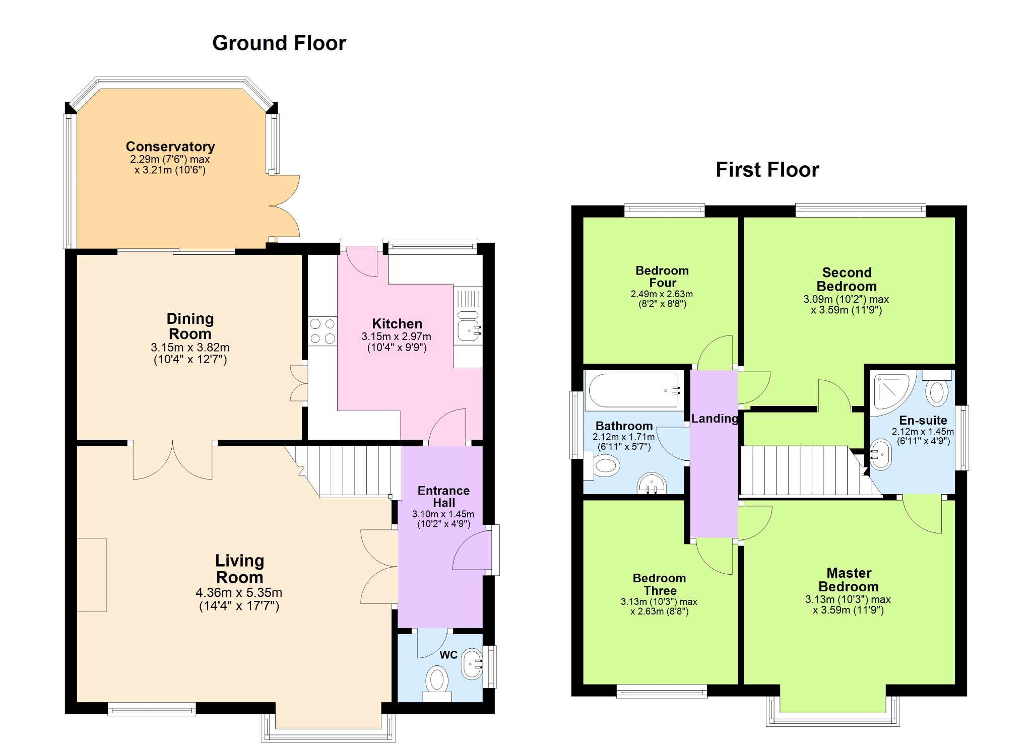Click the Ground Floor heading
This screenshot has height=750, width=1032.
tap(279, 43)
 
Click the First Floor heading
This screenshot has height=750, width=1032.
tap(767, 170)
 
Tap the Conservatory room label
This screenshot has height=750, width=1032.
tap(170, 147)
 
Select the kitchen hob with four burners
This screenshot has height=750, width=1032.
tap(322, 331)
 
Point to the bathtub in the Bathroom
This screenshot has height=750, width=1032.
tap(634, 391)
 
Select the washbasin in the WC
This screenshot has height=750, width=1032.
tap(472, 663)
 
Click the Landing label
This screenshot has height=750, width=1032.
tap(715, 419)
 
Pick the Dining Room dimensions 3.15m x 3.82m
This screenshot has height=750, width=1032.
tap(190, 348)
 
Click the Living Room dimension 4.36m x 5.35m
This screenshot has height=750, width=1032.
tap(239, 593)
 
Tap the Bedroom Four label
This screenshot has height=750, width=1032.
tap(662, 277)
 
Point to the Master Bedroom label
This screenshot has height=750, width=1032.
tap(849, 580)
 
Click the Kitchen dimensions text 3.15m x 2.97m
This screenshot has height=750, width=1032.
tap(397, 336)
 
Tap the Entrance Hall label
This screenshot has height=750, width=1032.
tap(443, 497)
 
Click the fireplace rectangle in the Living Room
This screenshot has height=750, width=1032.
tap(91, 575)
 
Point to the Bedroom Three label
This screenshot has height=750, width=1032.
tap(660, 584)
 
